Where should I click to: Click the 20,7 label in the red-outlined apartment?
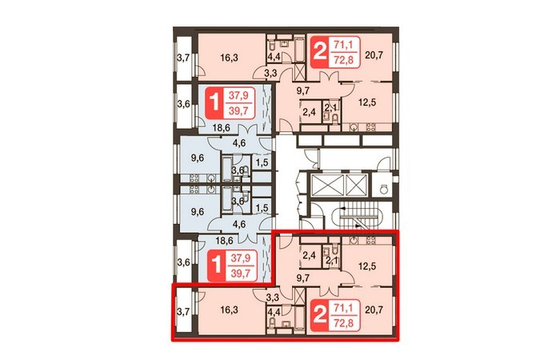coord(374,310)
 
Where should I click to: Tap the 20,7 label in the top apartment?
coord(374,55)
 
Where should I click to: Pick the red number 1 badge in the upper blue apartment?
coord(215,102)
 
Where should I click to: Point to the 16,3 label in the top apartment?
coord(229,58)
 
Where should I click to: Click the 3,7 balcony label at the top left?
coord(183,58)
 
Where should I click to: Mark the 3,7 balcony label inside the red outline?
coord(183,312)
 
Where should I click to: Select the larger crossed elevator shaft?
coord(327,186)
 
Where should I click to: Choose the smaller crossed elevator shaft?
coord(357,186)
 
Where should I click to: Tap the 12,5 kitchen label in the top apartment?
coord(367,102)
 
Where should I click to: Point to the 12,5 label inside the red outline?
coord(367,266)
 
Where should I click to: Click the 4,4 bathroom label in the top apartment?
coord(274,57)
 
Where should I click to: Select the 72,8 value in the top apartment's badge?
coord(343,59)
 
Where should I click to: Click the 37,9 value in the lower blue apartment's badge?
coord(240,258)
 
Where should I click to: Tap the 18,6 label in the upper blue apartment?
coord(221,128)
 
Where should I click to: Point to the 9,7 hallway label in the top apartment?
coord(302,91)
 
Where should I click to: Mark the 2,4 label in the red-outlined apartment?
coord(309,255)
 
